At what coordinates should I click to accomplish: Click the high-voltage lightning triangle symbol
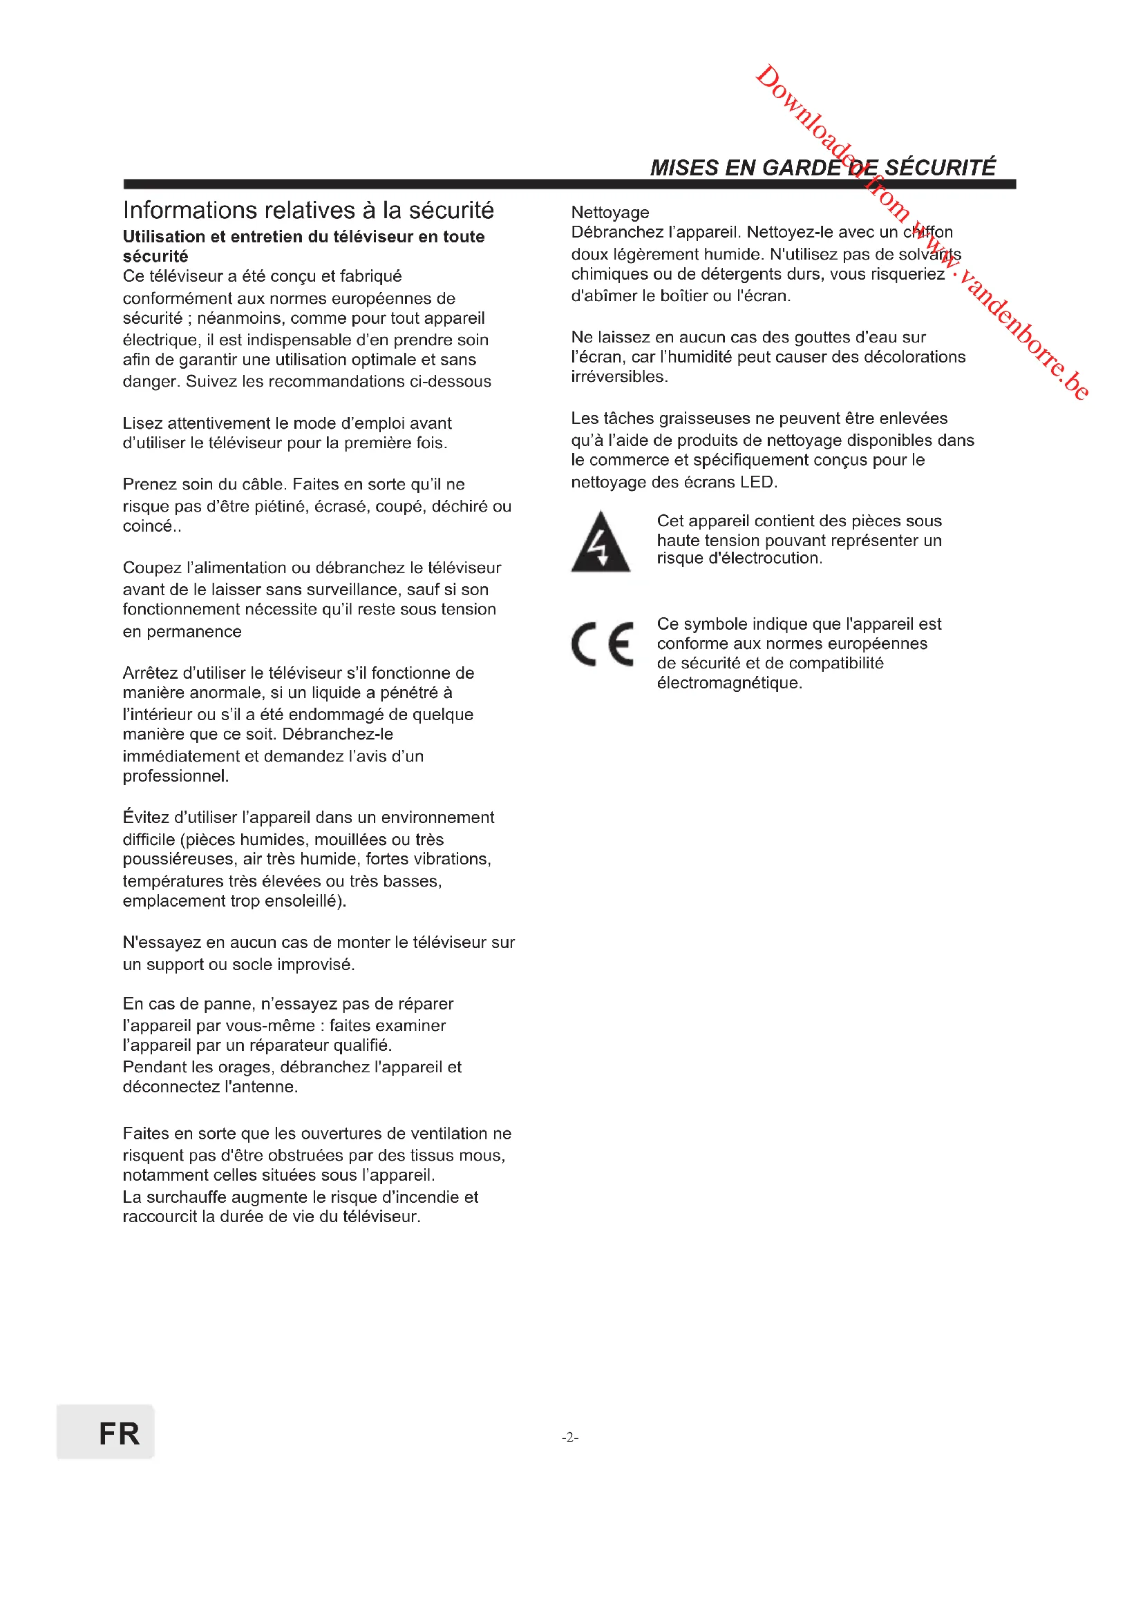tap(600, 541)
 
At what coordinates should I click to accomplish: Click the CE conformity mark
tap(602, 644)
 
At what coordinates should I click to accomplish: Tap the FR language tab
tap(106, 1433)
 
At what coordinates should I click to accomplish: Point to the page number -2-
tap(570, 1437)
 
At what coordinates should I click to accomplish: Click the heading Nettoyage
tap(610, 213)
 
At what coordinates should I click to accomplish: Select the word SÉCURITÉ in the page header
tap(940, 167)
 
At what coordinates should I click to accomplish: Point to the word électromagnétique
tap(728, 682)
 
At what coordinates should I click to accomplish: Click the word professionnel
tap(176, 776)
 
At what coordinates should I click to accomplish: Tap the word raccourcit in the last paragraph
tap(159, 1216)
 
